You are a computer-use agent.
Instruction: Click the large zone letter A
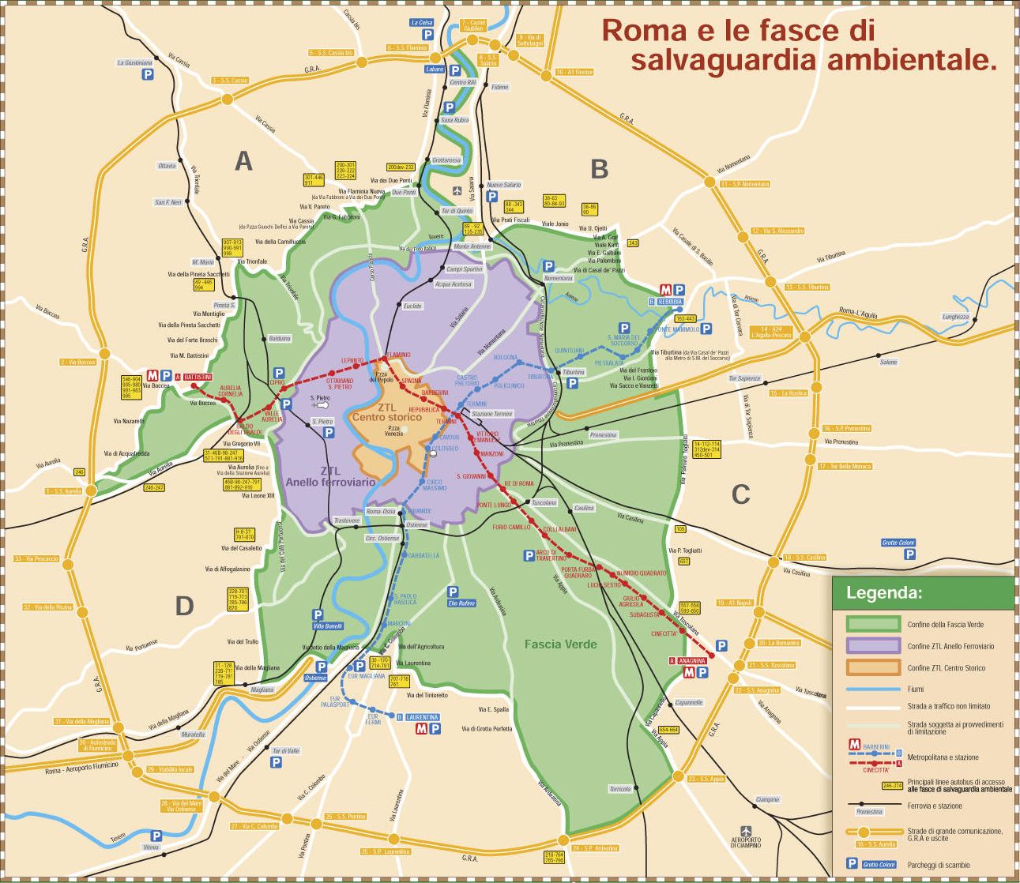(x=244, y=161)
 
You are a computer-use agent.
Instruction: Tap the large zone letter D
(x=184, y=606)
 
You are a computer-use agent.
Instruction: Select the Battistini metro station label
(x=198, y=377)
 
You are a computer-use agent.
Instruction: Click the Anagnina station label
(x=690, y=660)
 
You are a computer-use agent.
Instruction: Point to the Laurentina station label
(x=422, y=717)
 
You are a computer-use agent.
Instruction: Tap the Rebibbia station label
(x=667, y=302)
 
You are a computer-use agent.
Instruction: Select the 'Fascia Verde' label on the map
(x=561, y=644)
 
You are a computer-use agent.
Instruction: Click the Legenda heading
(x=883, y=592)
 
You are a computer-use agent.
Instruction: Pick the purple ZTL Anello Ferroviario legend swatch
(x=873, y=645)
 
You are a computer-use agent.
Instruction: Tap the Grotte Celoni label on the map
(x=898, y=542)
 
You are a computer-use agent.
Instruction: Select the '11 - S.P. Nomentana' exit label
(x=744, y=184)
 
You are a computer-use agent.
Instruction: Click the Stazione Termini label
(x=491, y=414)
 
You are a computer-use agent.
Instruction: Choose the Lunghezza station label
(x=954, y=316)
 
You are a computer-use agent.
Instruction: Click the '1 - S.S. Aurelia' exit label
(x=64, y=490)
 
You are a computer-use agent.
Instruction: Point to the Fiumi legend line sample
(x=873, y=689)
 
